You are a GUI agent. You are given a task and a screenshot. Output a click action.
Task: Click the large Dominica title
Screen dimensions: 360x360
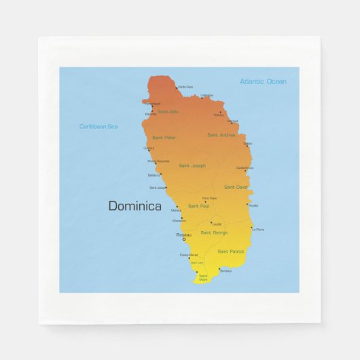135,206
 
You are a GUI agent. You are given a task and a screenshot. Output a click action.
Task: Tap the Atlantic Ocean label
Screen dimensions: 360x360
263,82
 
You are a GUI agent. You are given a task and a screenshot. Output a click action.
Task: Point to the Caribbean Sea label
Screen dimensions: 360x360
98,126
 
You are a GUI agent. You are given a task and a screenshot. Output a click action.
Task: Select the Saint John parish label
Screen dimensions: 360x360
168,111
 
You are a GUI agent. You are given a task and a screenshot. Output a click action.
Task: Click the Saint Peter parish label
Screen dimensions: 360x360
164,137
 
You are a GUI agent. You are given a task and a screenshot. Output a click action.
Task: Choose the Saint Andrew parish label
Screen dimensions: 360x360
221,134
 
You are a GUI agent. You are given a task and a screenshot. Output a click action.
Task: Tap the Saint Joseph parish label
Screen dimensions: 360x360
192,165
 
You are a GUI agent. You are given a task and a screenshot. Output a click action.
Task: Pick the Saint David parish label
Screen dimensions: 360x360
236,187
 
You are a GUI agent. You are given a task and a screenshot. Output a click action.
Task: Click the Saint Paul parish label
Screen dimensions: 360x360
198,206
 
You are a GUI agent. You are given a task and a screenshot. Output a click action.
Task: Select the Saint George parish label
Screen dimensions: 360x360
214,233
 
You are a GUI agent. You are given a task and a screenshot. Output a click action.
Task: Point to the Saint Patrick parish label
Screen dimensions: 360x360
231,251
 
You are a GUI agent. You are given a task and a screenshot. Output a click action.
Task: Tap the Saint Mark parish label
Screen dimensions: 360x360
203,278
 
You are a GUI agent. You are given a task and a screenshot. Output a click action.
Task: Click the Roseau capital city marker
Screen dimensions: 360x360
183,239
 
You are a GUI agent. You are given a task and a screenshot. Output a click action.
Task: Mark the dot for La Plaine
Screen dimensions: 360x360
251,228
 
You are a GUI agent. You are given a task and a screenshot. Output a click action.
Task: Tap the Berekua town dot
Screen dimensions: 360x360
219,268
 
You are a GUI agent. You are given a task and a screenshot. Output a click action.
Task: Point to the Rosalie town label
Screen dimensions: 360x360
253,205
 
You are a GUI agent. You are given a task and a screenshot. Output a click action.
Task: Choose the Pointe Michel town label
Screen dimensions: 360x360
188,255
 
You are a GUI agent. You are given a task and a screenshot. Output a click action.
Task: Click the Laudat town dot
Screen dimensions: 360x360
211,221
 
